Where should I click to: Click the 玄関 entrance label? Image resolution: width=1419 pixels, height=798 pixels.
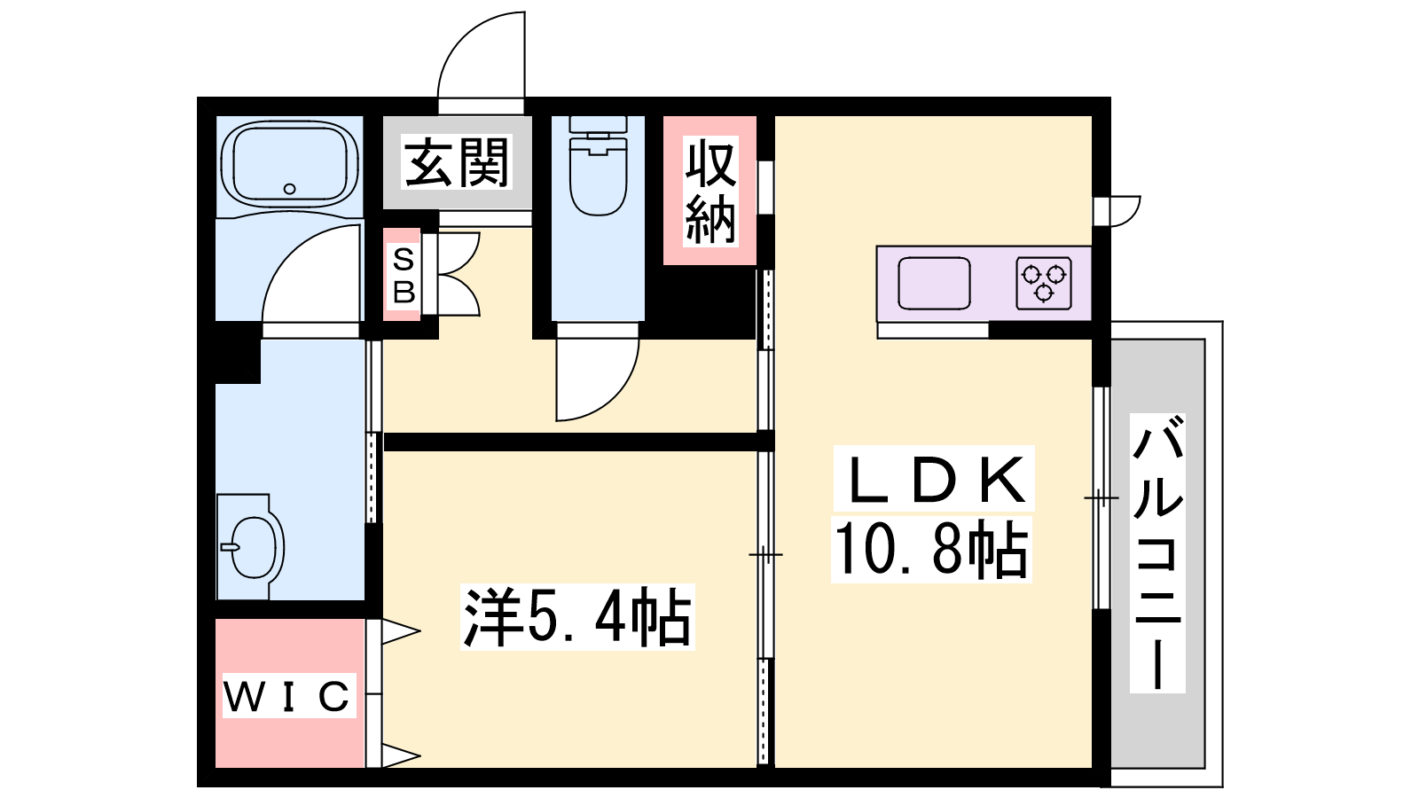pos(457,163)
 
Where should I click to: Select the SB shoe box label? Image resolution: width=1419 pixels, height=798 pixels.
pos(404,276)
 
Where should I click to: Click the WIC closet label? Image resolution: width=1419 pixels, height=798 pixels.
pos(287,697)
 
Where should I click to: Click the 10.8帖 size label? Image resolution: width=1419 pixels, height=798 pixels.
pos(931,549)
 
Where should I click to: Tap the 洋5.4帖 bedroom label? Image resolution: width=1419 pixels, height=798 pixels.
pos(577,617)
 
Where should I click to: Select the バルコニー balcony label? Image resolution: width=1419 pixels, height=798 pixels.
pos(1157,552)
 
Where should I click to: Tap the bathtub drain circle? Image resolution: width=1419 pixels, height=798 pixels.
pos(289,189)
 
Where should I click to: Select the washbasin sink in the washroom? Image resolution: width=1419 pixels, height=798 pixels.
pos(252,546)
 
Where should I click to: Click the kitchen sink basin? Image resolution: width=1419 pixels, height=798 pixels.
pos(934,283)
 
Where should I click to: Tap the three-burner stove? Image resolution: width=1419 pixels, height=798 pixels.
pos(1044,283)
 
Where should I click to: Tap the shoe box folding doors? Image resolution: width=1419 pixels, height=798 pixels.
pos(458,274)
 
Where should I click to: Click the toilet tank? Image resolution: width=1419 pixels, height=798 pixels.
pos(598,124)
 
